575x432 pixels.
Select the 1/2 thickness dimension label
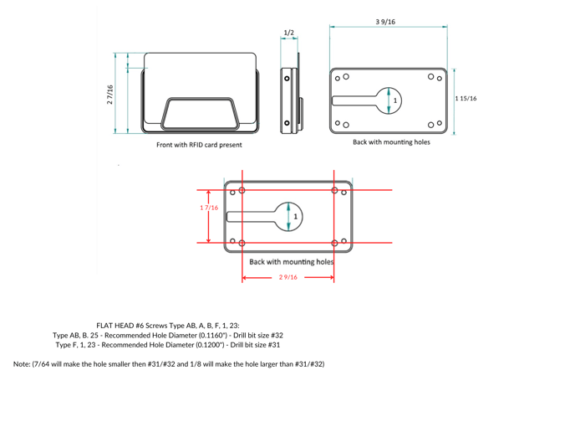coord(288,33)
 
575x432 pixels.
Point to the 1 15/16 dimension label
coord(466,99)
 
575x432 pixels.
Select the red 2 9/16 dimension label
coord(287,277)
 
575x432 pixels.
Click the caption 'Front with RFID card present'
coord(198,145)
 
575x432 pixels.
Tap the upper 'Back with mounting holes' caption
coord(391,142)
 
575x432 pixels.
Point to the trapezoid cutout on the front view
coord(200,113)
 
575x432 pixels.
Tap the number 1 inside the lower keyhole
coord(295,216)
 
